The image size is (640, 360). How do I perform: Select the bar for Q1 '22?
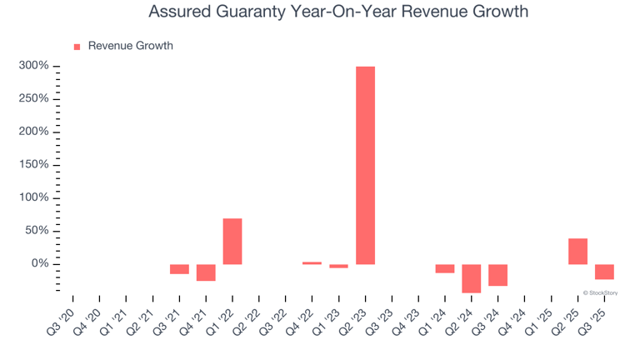pos(232,242)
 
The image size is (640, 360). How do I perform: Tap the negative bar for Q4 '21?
pos(206,272)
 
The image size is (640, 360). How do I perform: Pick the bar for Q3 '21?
pos(179,269)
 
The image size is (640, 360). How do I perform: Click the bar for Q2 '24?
pos(472,278)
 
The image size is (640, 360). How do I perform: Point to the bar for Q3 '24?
pos(497,275)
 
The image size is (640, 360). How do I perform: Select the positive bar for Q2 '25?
pos(577,252)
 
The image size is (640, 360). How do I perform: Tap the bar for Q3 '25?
pos(604,272)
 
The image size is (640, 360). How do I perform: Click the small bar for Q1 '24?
pos(445,268)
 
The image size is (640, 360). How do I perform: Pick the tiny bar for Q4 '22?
pos(312,263)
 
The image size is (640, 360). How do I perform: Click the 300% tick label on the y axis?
pos(32,67)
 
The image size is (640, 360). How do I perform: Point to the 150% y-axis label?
pos(32,165)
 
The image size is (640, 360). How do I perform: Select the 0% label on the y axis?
pos(38,264)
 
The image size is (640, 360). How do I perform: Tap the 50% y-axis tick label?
pos(36,231)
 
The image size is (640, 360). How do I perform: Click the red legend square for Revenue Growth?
pos(77,47)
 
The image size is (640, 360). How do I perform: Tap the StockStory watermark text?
pos(602,292)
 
